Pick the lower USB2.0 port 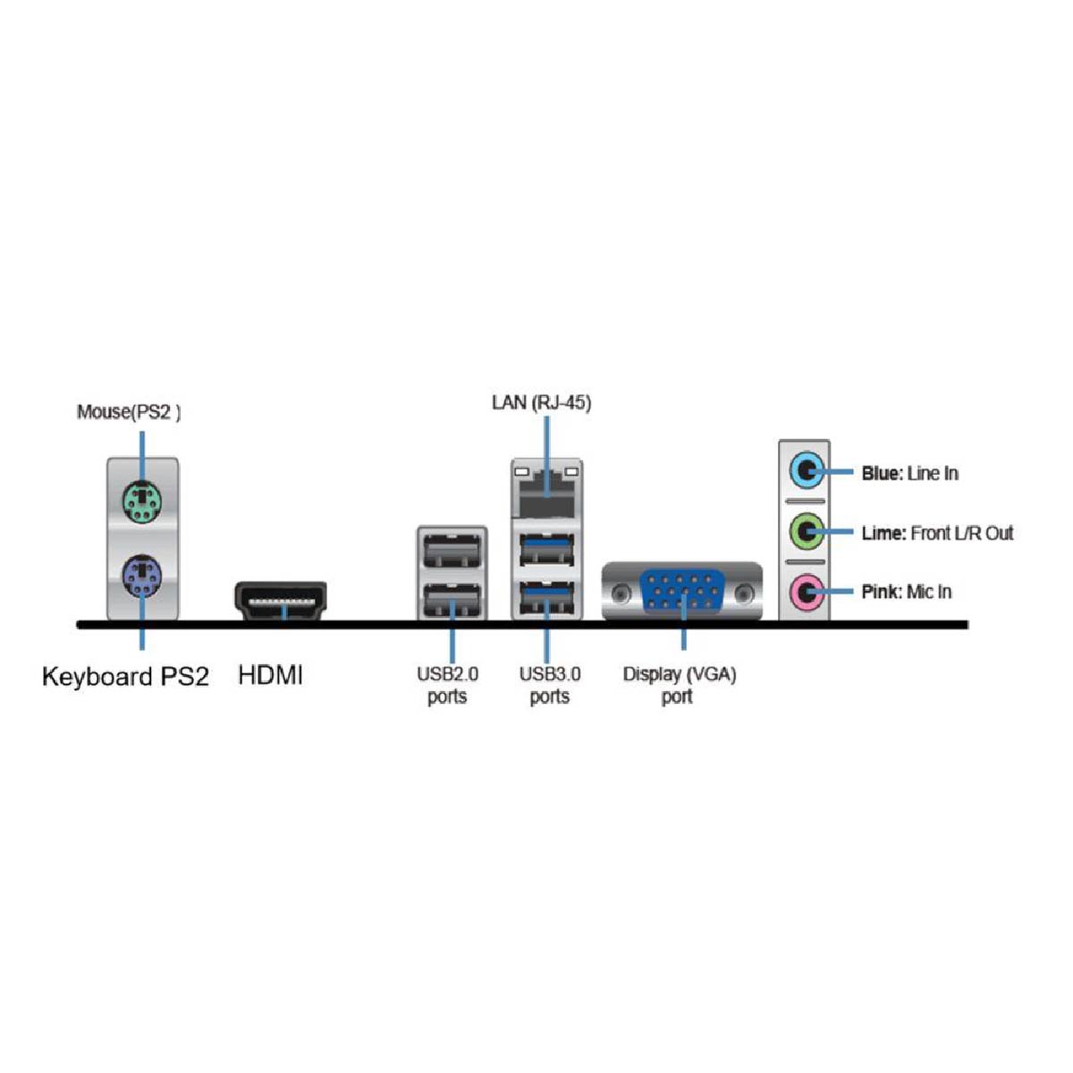pos(452,596)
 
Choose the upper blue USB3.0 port pos(546,547)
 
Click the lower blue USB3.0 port pos(546,596)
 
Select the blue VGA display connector pos(682,591)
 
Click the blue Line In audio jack pos(805,471)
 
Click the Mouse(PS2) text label pos(129,412)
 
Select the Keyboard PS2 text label pos(125,677)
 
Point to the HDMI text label pos(270,675)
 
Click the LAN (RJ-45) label pos(541,402)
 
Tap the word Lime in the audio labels pos(883,534)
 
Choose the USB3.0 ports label pos(549,685)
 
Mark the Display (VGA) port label pos(680,685)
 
